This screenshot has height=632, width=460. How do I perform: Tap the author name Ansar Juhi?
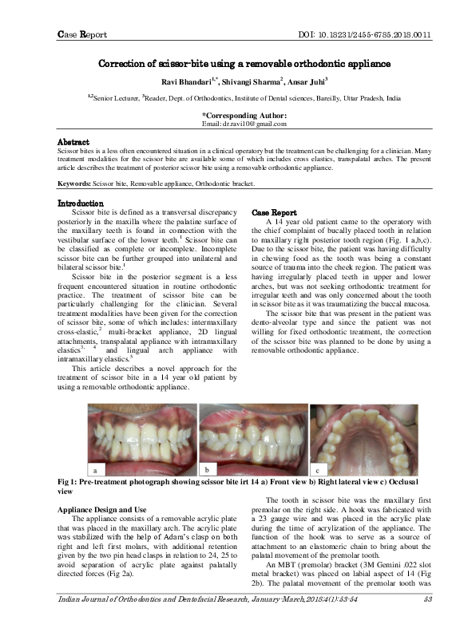pyautogui.click(x=306, y=80)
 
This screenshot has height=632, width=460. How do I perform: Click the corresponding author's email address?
pyautogui.click(x=244, y=124)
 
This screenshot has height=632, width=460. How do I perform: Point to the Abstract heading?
pyautogui.click(x=73, y=142)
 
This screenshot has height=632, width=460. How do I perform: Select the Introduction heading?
pyautogui.click(x=81, y=203)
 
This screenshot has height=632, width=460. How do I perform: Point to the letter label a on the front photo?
pyautogui.click(x=73, y=469)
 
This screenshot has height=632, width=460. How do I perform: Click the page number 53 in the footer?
pyautogui.click(x=428, y=622)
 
